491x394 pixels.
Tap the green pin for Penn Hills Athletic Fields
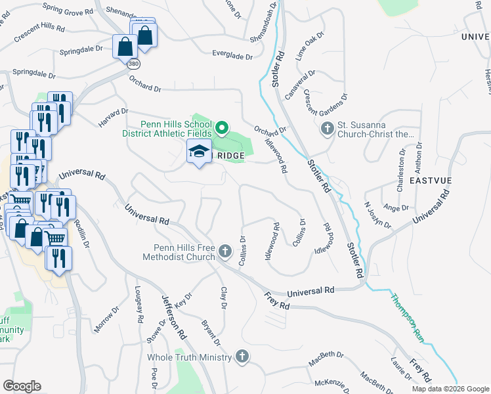click(x=222, y=127)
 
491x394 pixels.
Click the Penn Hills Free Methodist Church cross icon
click(x=225, y=251)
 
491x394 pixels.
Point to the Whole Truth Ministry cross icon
click(x=242, y=357)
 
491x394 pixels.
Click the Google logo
click(x=22, y=385)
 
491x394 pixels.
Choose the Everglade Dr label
click(x=232, y=56)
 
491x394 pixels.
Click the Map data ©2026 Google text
click(x=450, y=389)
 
